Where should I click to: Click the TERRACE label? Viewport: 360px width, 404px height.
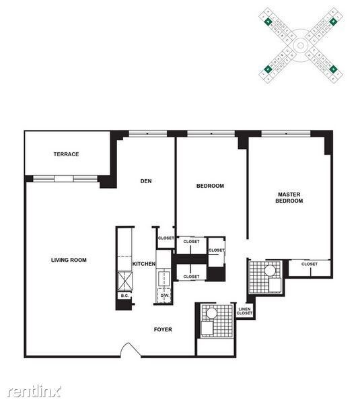point(67,154)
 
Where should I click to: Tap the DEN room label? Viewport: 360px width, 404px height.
point(145,180)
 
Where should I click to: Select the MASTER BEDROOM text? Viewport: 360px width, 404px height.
point(289,197)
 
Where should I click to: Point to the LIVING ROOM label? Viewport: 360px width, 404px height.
point(69,260)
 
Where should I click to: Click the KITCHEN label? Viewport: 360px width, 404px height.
point(144,264)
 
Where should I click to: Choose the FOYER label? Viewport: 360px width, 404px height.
point(163,329)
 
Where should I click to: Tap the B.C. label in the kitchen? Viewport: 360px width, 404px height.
point(124,295)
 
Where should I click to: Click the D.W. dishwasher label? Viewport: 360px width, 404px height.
point(164,296)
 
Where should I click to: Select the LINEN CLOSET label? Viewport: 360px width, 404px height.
point(245,311)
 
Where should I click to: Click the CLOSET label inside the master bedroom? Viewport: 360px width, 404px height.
point(309,264)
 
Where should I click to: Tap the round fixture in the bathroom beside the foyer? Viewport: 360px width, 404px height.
point(211,312)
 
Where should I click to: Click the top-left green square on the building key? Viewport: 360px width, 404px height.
point(268,22)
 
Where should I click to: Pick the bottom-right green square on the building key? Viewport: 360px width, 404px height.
point(333,69)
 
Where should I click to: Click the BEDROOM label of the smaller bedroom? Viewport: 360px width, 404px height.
point(210,186)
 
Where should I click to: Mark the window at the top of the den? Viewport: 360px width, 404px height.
point(147,133)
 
